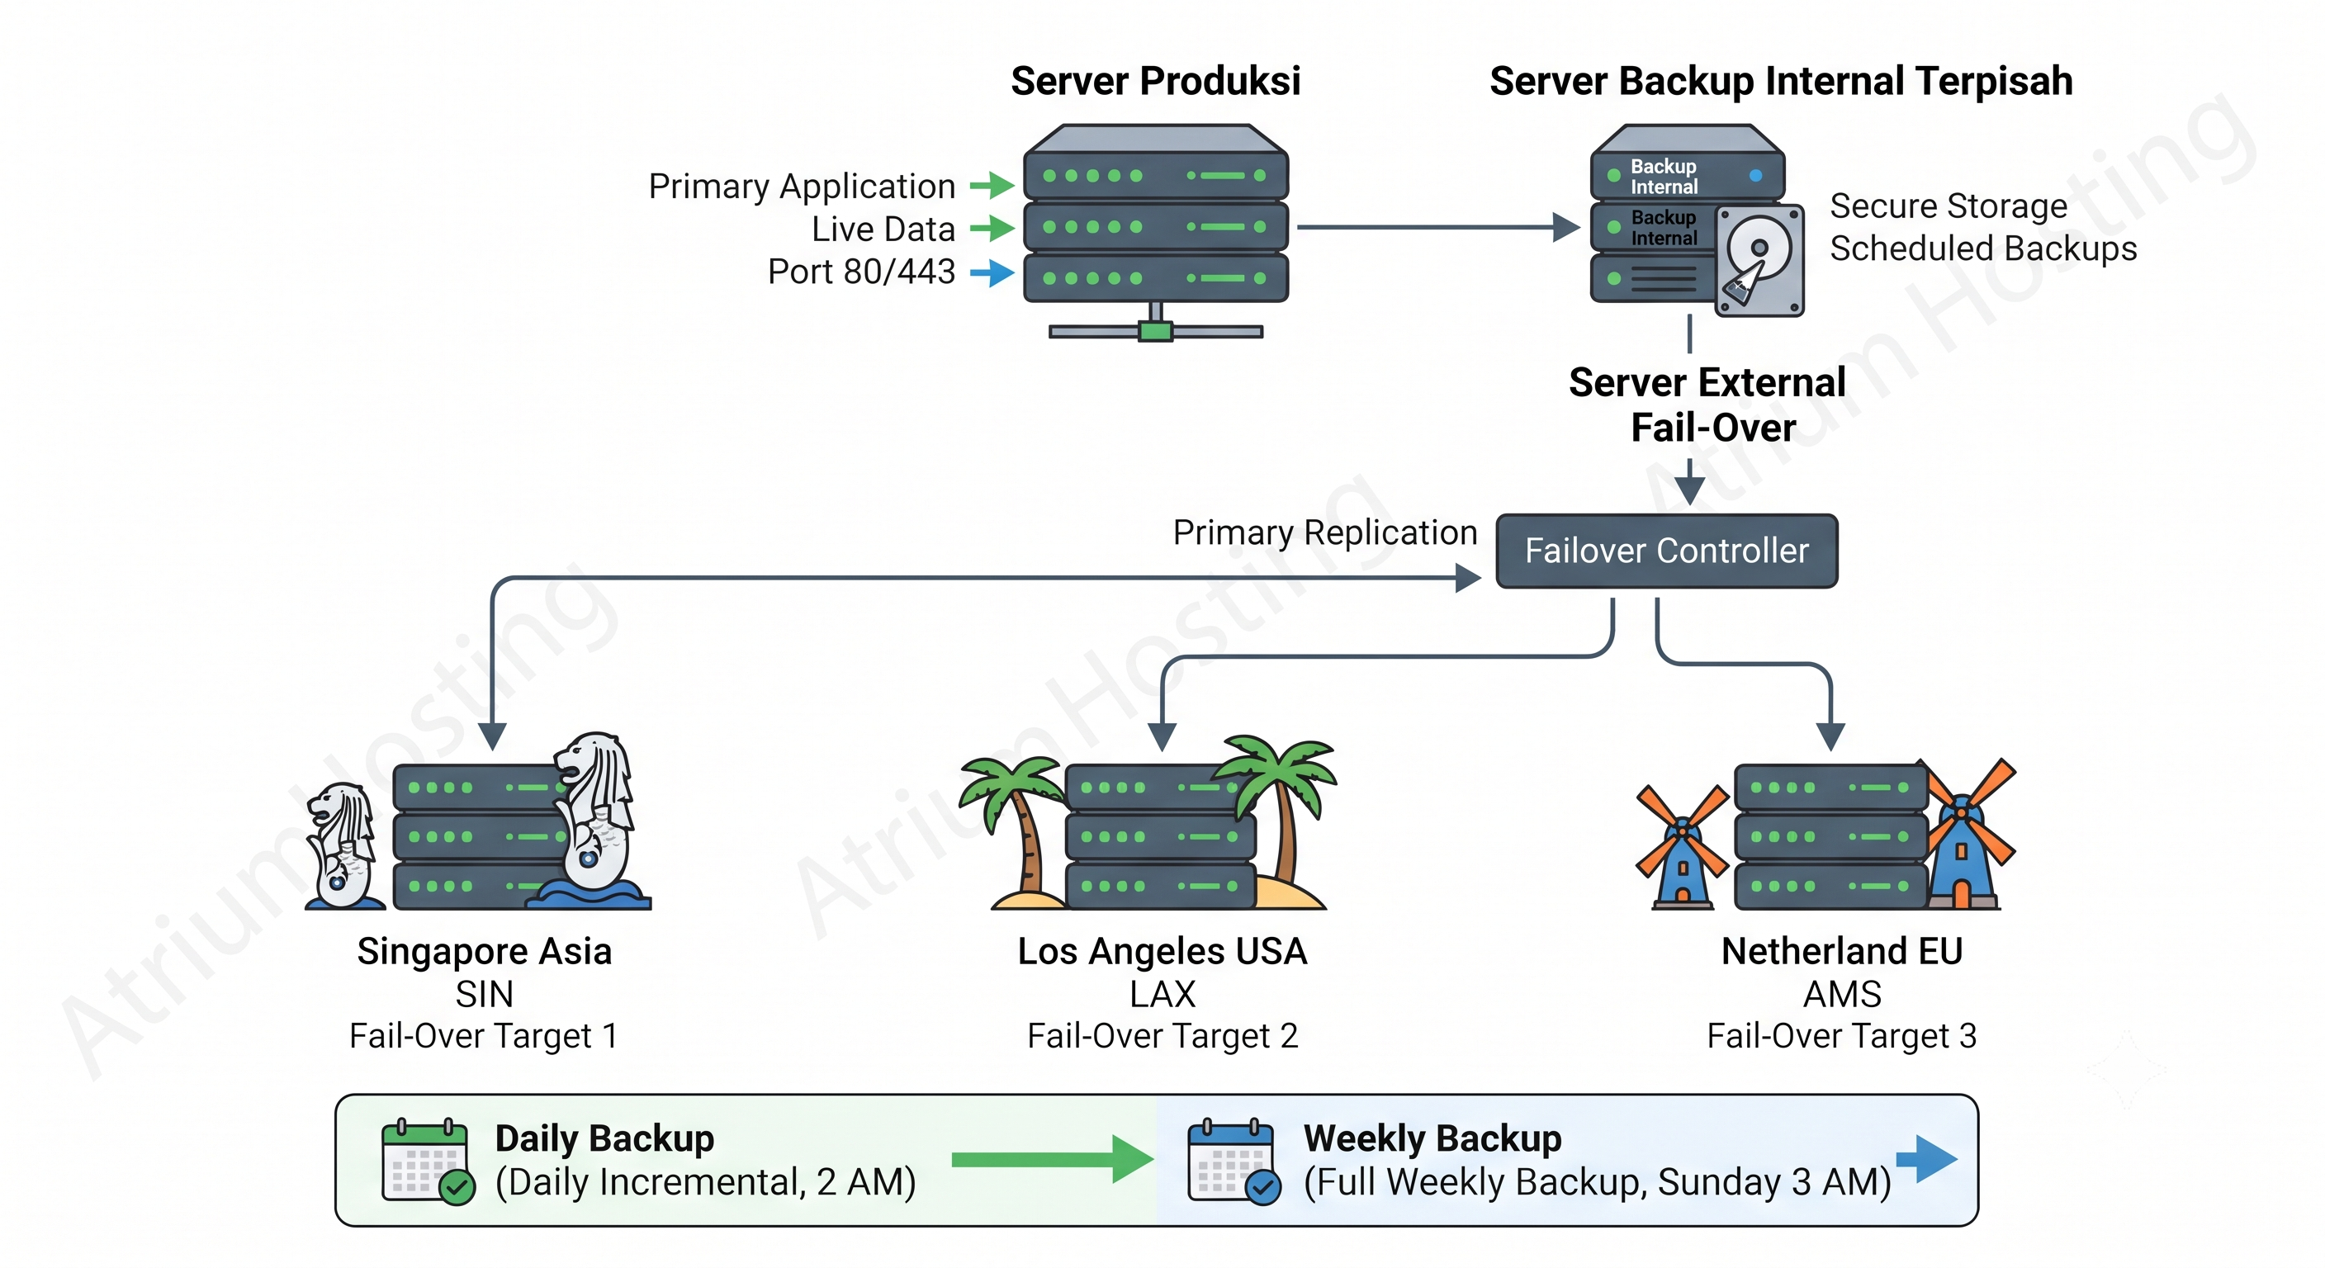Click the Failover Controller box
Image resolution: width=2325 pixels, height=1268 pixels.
(x=1666, y=551)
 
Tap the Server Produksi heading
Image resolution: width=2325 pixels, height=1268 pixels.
(x=1155, y=81)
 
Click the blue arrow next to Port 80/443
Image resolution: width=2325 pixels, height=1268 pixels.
(x=992, y=272)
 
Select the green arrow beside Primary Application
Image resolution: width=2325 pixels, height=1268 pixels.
(x=992, y=185)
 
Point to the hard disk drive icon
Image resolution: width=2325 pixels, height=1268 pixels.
(x=1759, y=260)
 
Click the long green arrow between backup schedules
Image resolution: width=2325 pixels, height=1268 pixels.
(x=1053, y=1159)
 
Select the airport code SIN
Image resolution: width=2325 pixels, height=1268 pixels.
(x=485, y=994)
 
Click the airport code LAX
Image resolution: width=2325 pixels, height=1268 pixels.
(x=1162, y=994)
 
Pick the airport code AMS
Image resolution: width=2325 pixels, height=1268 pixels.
(x=1842, y=994)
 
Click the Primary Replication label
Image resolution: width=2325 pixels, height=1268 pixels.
(x=1325, y=532)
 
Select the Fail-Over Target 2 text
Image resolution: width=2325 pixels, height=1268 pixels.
(x=1162, y=1036)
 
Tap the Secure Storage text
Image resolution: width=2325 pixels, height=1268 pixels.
(x=1949, y=206)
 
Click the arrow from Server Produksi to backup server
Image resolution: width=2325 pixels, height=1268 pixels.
(x=1439, y=227)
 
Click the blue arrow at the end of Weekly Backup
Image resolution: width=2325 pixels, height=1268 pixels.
(x=1927, y=1159)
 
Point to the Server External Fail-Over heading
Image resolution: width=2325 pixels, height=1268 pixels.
(x=1707, y=405)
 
